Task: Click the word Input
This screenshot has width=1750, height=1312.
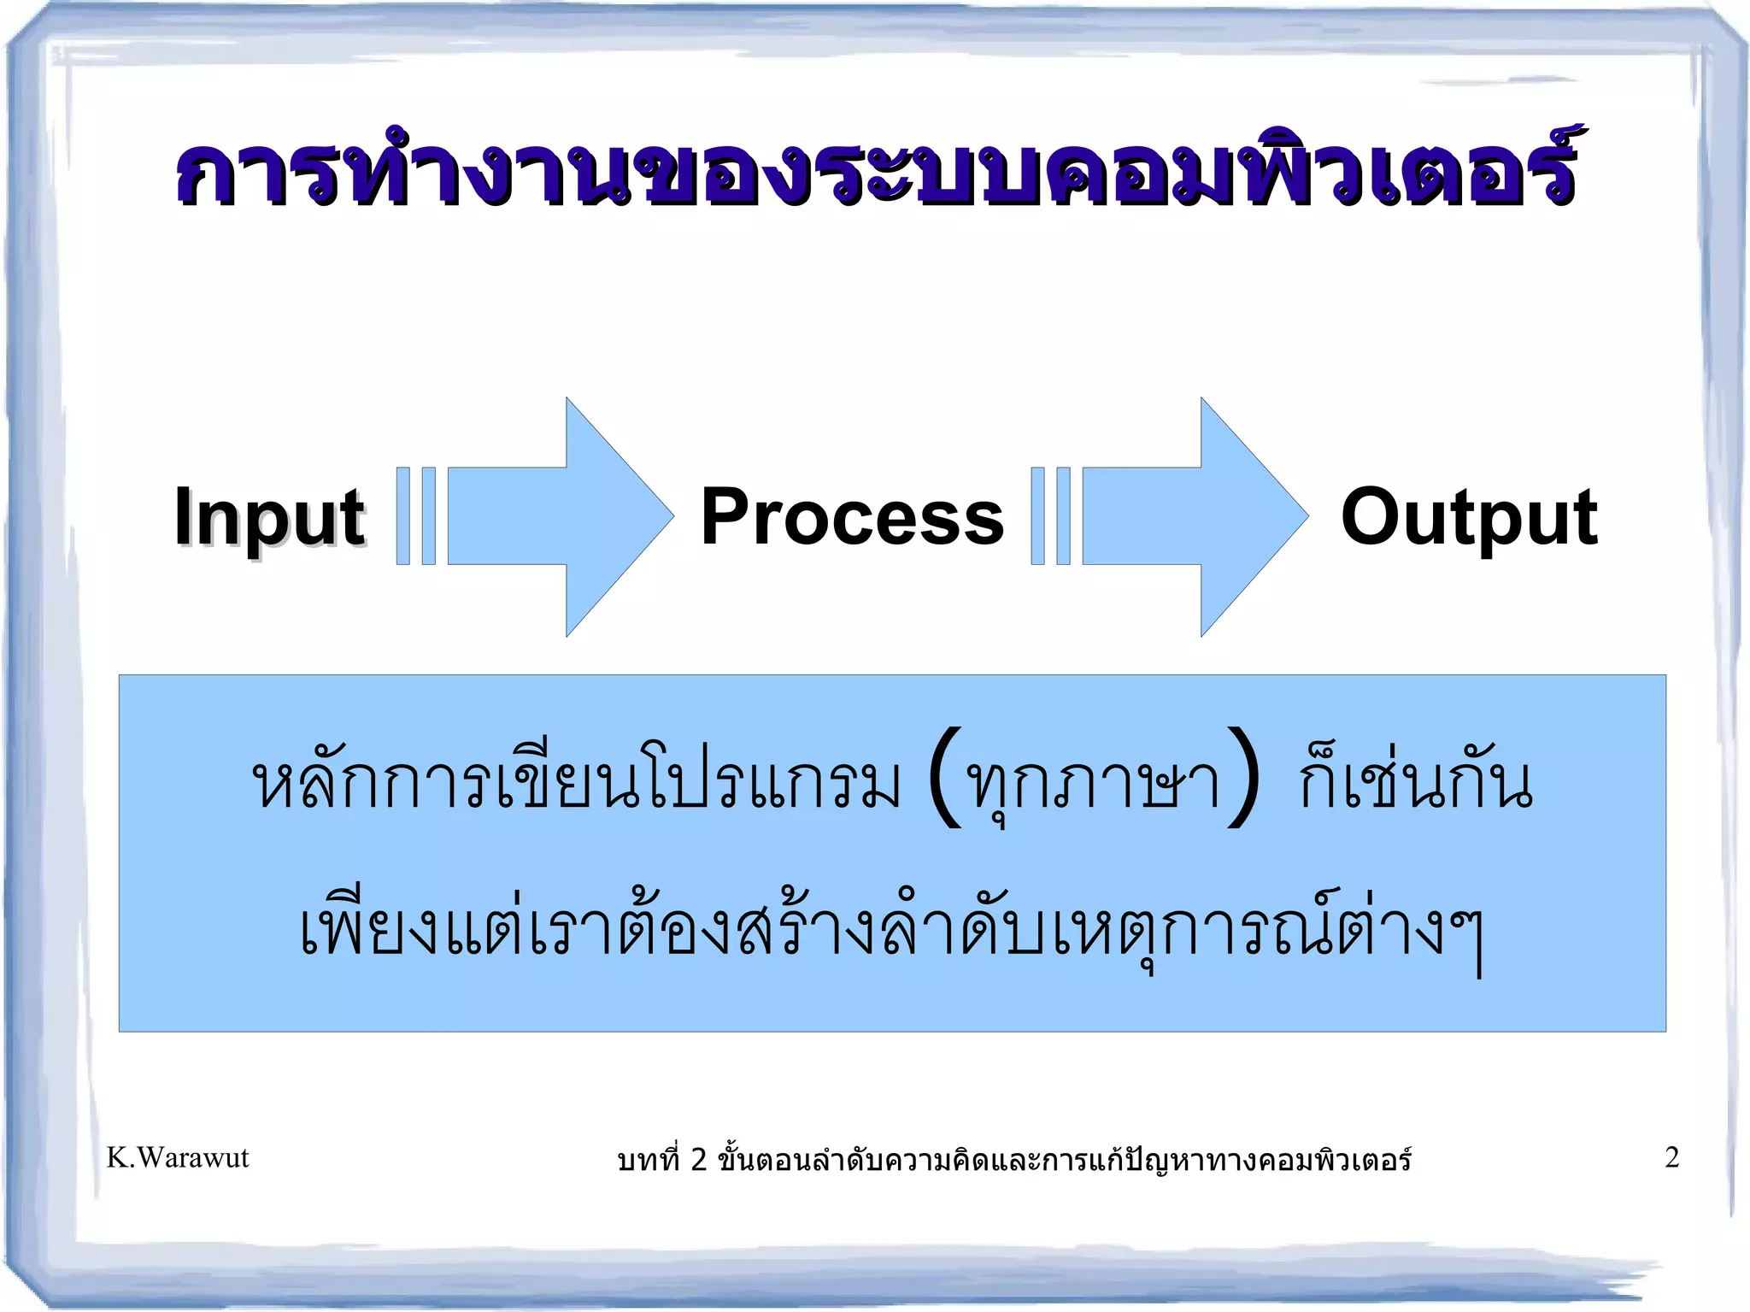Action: click(269, 516)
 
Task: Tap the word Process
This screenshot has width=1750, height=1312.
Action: click(852, 516)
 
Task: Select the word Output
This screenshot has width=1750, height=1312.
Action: click(1469, 516)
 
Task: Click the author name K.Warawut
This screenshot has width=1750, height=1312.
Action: click(178, 1157)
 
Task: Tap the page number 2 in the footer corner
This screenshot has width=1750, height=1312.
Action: click(1672, 1157)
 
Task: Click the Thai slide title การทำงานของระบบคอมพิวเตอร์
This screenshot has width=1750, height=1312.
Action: click(875, 171)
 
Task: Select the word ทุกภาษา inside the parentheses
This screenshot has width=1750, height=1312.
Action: click(1093, 783)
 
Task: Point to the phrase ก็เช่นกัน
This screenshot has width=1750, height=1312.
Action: click(1415, 781)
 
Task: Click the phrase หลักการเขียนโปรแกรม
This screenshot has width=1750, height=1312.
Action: click(577, 781)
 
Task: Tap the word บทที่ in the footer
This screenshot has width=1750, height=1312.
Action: click(649, 1160)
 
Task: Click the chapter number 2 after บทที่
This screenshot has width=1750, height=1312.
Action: click(699, 1160)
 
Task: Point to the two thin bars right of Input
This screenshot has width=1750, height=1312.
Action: click(416, 516)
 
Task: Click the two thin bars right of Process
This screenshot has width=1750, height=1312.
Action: click(1050, 516)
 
